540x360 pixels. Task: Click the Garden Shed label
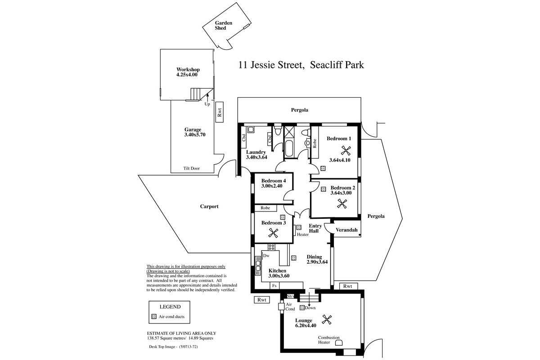224,25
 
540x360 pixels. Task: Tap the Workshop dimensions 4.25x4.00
187,75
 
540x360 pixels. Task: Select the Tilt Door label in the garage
191,168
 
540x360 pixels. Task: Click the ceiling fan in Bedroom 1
346,151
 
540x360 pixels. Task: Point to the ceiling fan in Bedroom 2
342,204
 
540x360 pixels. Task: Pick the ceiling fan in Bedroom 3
273,233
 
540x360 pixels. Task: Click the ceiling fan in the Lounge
327,320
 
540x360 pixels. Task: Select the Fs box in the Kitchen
274,286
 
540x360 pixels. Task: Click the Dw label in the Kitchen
266,256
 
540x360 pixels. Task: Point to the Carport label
209,207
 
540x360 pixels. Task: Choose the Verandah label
346,230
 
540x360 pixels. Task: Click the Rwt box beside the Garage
219,112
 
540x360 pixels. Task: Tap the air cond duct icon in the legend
154,317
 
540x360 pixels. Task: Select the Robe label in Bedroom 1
315,144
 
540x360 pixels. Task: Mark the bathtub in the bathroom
289,149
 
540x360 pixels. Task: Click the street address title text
301,65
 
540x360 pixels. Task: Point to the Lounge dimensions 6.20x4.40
306,325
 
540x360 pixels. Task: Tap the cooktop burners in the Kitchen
271,247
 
